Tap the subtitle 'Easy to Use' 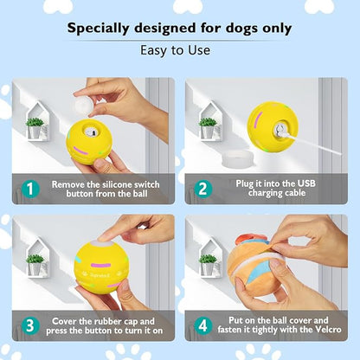179,50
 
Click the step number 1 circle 29,189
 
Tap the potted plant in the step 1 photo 35,127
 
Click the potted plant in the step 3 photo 35,262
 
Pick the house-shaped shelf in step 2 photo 209,121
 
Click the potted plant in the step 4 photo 209,262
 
